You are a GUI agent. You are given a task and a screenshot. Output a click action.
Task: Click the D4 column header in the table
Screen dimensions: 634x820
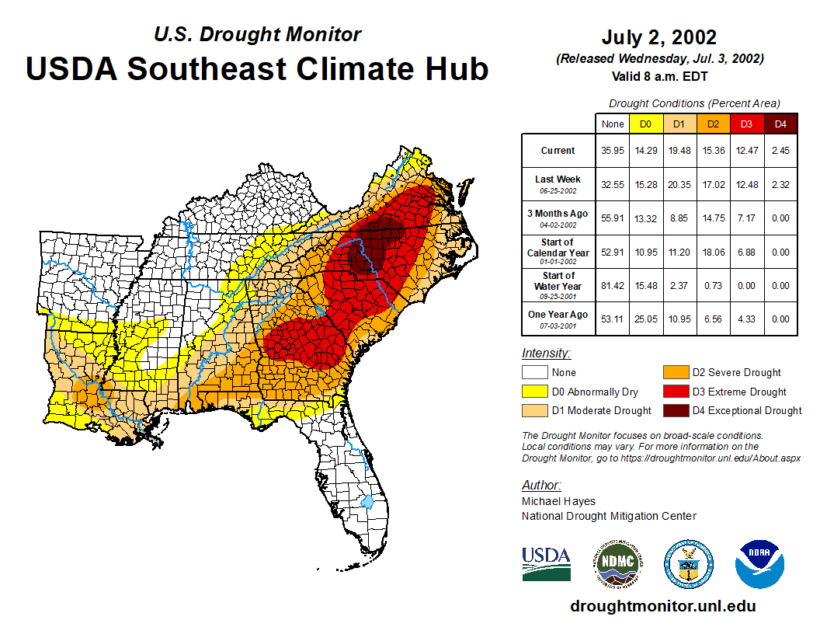pos(780,124)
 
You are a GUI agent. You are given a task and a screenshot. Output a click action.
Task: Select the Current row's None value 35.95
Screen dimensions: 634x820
pos(613,151)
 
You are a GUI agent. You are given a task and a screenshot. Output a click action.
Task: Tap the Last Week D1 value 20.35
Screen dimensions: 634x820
pos(679,184)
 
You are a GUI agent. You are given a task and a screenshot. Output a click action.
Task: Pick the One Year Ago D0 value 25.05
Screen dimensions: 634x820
pos(645,319)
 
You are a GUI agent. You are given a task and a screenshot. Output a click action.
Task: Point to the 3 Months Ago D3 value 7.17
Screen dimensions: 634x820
pos(746,218)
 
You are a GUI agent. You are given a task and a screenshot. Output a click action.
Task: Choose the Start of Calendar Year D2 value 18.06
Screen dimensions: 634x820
pos(713,253)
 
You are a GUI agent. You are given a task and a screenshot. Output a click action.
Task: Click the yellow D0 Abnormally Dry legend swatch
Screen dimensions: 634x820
pos(534,392)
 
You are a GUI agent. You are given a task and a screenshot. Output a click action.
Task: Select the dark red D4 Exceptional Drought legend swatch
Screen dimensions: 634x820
pos(674,410)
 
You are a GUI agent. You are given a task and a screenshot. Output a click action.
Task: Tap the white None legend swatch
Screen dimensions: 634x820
pos(534,373)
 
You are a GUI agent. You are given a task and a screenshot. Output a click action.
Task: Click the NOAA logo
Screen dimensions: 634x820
pos(759,564)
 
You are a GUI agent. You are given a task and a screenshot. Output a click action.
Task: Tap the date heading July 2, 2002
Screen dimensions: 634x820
pos(659,37)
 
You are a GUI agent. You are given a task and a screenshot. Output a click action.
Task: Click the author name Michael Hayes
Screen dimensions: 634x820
pos(558,501)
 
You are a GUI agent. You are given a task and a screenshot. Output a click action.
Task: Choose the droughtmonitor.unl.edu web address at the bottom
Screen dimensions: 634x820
pos(663,606)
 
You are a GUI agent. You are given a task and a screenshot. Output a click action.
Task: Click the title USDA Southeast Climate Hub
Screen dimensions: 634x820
pos(257,68)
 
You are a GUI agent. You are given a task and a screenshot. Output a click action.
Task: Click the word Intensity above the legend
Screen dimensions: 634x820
pos(546,354)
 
